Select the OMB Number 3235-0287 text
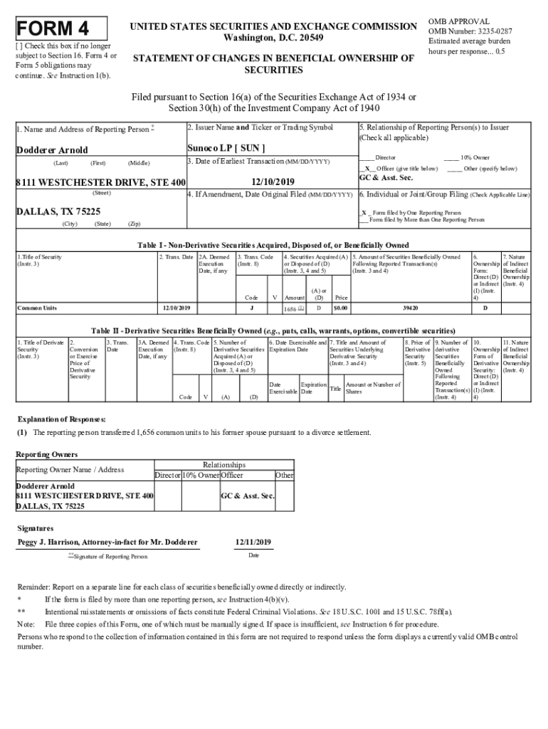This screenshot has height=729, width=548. point(470,31)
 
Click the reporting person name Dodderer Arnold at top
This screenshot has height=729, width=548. point(52,150)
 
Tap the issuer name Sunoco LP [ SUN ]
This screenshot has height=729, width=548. point(226,148)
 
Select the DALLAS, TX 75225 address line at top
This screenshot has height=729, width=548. point(58,211)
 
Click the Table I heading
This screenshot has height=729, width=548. point(273,245)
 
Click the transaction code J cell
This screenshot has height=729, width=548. point(252,308)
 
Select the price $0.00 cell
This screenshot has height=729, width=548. point(341,308)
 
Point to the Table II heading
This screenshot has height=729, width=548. point(273,331)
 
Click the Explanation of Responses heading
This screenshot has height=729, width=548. point(61,419)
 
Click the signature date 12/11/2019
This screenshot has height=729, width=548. point(253,542)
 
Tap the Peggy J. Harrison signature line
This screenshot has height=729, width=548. point(107,542)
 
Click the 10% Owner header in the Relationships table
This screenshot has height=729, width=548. point(200,475)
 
